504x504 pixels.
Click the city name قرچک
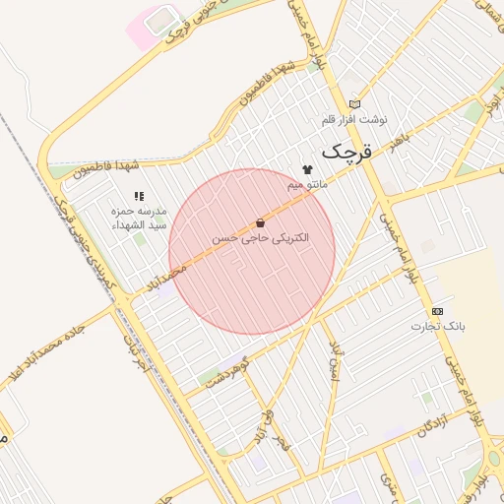349,152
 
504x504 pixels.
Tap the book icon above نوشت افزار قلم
354,104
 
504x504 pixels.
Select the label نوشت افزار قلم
354,119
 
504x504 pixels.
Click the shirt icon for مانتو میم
307,169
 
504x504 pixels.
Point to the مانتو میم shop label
308,184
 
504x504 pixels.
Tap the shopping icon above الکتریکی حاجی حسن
260,223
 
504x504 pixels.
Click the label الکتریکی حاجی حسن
260,238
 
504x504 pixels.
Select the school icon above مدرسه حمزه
139,197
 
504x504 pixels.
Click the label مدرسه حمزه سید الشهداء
139,218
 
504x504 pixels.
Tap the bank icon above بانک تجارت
437,311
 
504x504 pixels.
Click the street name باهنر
397,146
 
